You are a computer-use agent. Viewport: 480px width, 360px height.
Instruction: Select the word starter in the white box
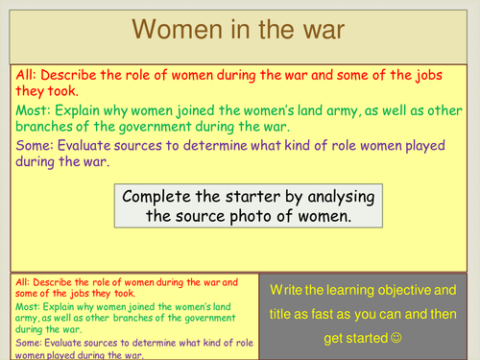[x=276, y=198]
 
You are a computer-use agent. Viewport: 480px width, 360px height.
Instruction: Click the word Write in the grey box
[x=288, y=289]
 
